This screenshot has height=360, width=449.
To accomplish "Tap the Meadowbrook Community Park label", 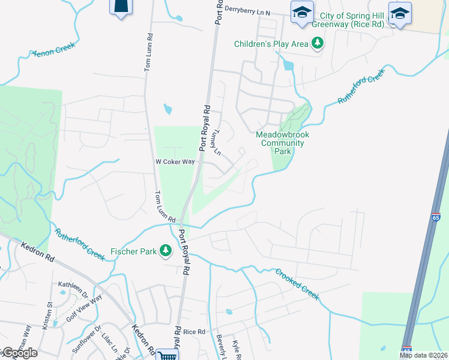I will click(x=282, y=143).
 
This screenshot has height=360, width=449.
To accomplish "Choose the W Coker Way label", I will click(x=175, y=161).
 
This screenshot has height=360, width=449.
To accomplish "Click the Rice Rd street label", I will click(x=194, y=331).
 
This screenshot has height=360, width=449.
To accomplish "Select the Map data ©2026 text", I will click(x=424, y=355).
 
